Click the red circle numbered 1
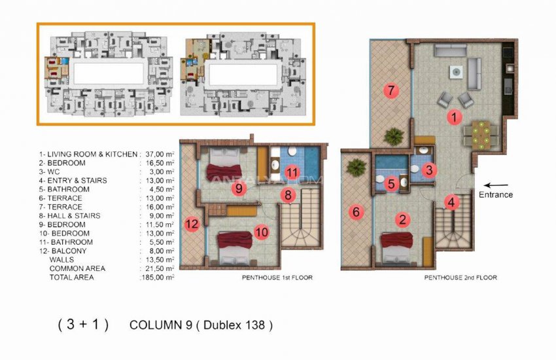click(452, 117)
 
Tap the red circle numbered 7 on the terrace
click(392, 92)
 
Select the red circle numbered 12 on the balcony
click(192, 223)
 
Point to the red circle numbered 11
click(292, 173)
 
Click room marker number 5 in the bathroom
click(391, 184)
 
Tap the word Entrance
click(496, 195)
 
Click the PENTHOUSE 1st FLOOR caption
click(277, 278)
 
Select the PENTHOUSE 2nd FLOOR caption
click(460, 278)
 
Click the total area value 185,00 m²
click(158, 278)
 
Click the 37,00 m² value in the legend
click(158, 154)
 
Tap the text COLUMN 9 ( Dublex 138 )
click(201, 325)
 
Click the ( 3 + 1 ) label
click(84, 325)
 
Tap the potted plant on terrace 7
click(394, 136)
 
